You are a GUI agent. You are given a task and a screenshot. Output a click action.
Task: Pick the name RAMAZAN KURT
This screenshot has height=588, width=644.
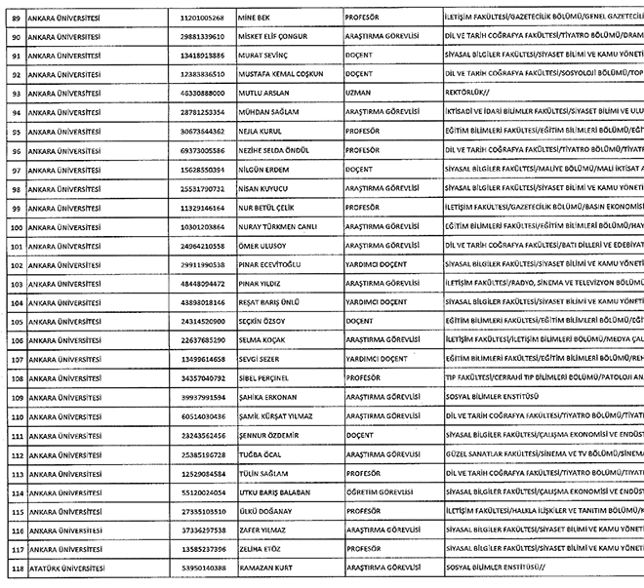point(268,566)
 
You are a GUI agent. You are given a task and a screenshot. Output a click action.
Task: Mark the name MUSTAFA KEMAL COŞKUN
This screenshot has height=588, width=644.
point(281,75)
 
